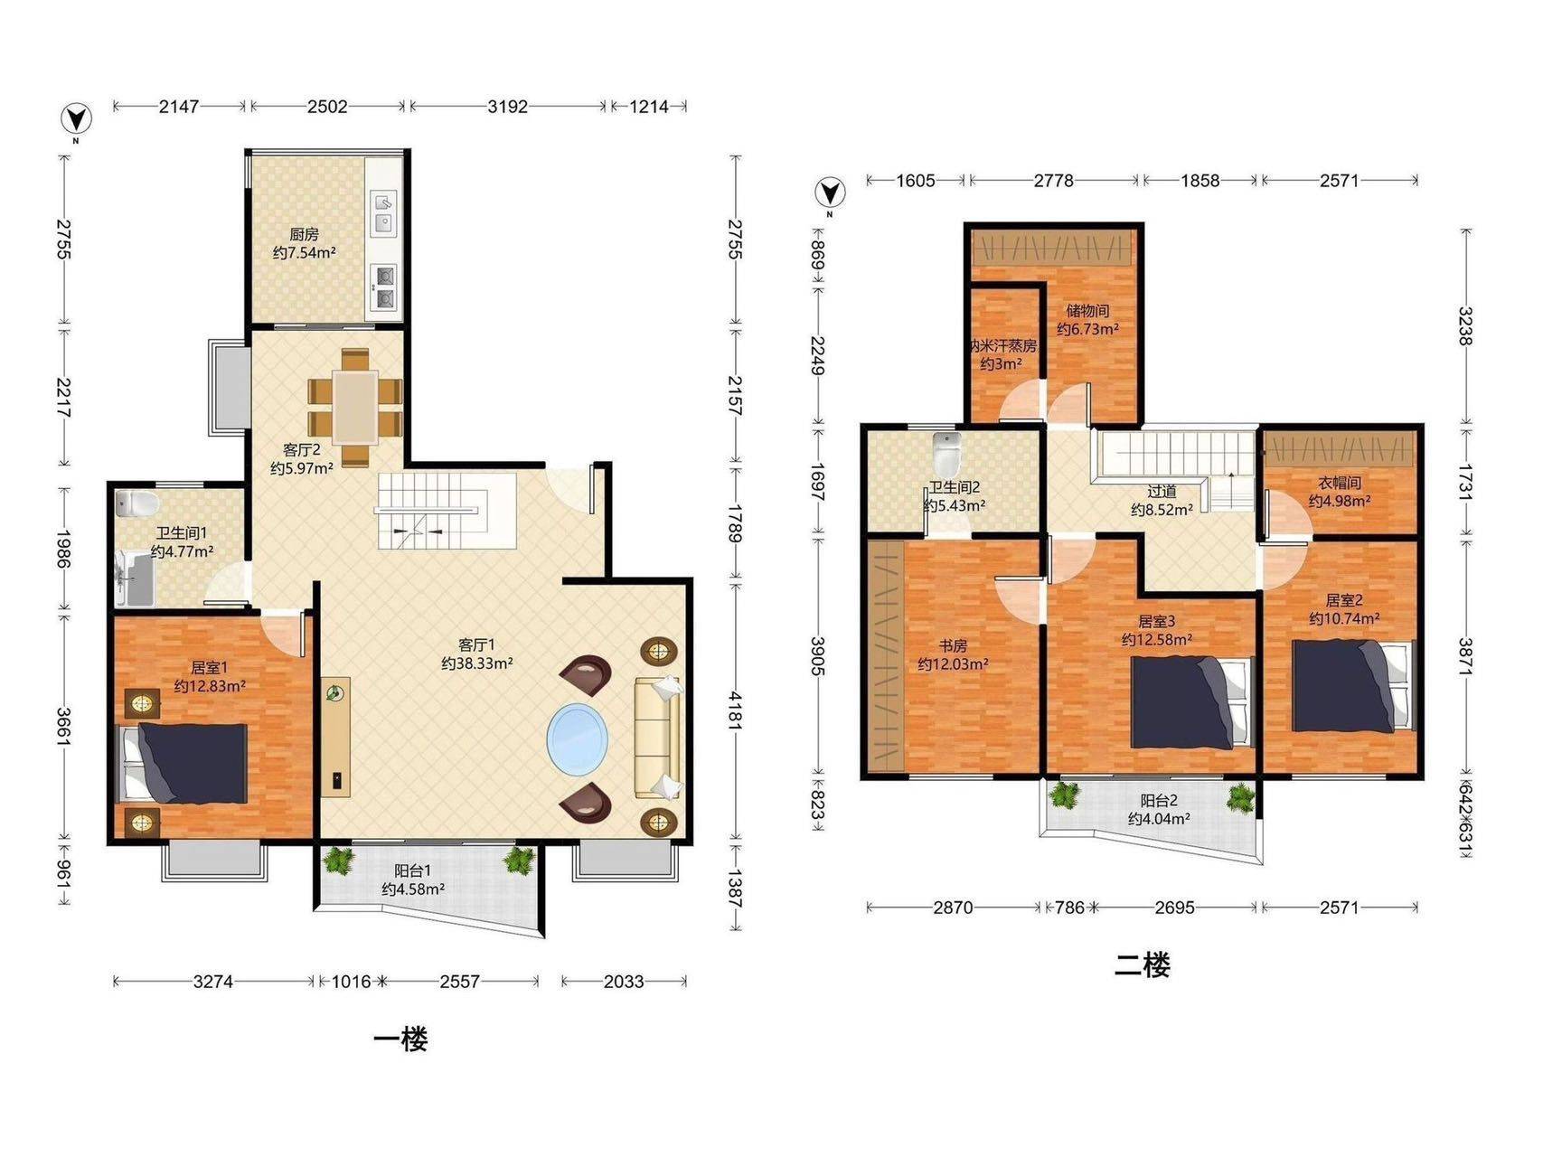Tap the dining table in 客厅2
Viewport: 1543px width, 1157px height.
tap(354, 408)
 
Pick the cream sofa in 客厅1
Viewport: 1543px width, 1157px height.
tap(658, 738)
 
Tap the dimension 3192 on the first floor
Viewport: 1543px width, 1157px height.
tap(507, 107)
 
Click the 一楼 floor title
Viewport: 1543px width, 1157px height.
tap(400, 1039)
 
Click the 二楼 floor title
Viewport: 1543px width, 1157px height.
tap(1142, 966)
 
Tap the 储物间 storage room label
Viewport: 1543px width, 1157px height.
tap(1087, 311)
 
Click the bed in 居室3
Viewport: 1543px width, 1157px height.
tap(1191, 702)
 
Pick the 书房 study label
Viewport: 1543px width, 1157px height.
tap(953, 646)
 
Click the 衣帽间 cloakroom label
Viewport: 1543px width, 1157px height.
tap(1340, 484)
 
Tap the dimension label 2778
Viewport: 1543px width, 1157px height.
tap(1053, 181)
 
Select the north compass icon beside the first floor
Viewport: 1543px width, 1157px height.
tap(77, 118)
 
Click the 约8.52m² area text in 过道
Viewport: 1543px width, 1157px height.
tap(1162, 510)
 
